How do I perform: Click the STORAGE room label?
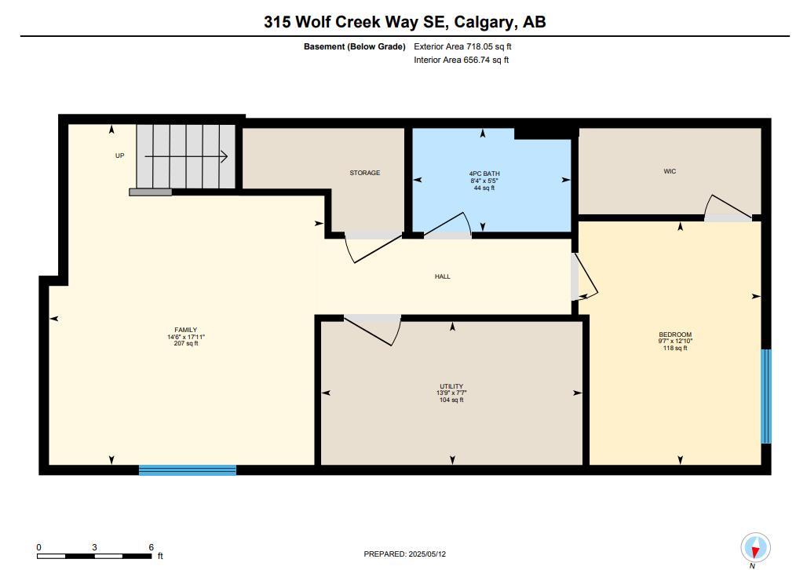(x=365, y=173)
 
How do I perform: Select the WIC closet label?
(x=670, y=171)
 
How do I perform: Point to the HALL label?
(x=443, y=276)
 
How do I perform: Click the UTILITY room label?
(x=451, y=386)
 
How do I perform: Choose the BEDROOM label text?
(x=674, y=334)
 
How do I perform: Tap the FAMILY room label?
(x=186, y=330)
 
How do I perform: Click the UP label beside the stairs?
(x=120, y=155)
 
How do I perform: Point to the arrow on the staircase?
(x=186, y=157)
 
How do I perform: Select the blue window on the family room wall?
(x=188, y=470)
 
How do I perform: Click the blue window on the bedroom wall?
(x=766, y=396)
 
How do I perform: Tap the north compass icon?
(x=755, y=547)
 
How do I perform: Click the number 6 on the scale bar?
(x=151, y=547)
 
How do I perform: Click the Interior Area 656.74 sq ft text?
(x=461, y=60)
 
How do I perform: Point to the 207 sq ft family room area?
(x=186, y=343)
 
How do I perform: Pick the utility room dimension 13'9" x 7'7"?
(x=451, y=393)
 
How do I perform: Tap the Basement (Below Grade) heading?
(x=354, y=46)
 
